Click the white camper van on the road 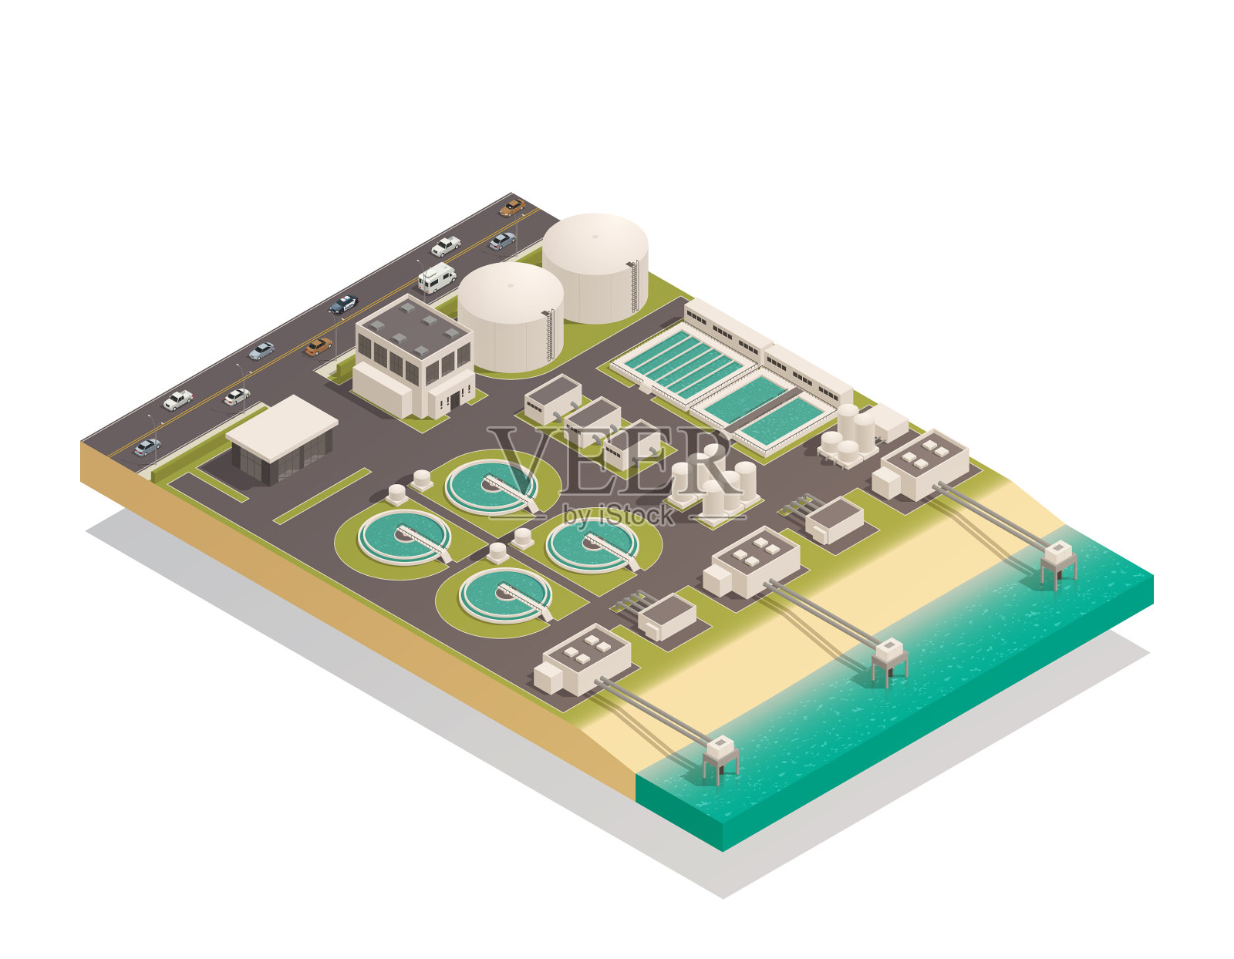click(437, 278)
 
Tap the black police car click(343, 305)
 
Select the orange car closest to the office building click(319, 346)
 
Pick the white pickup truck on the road click(446, 246)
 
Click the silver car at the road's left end click(147, 446)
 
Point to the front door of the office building click(454, 400)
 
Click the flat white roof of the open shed click(282, 427)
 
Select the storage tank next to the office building click(511, 317)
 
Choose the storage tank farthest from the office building click(595, 268)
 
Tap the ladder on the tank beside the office click(550, 336)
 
